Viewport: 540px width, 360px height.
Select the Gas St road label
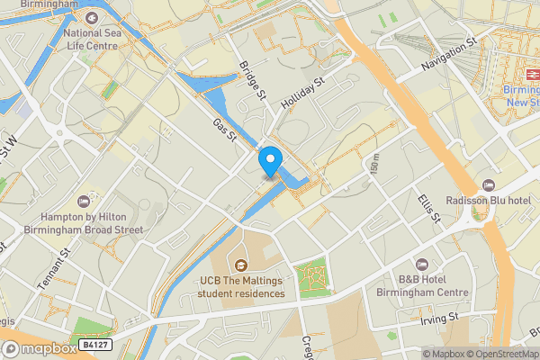pos(223,130)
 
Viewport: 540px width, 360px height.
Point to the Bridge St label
pos(255,81)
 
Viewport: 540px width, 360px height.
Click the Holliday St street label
pos(301,94)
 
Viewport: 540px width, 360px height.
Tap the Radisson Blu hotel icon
pos(490,184)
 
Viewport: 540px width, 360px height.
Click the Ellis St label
pos(427,206)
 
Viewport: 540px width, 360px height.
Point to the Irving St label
pos(440,319)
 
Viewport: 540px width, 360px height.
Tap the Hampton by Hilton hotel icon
pos(84,200)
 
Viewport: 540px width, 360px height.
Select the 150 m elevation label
pos(373,166)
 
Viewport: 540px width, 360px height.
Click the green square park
pos(313,278)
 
